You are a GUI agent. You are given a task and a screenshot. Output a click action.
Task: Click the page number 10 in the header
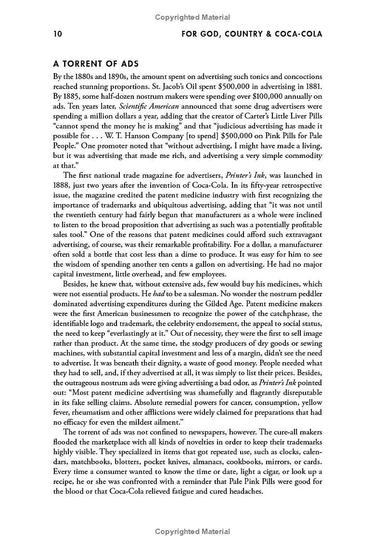[58, 34]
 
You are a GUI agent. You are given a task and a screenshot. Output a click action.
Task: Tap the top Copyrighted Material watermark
[192, 17]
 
